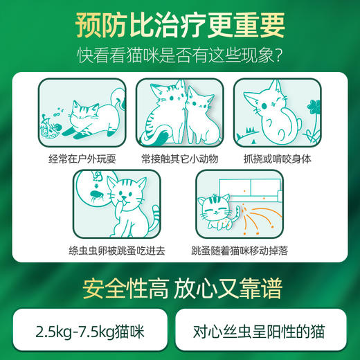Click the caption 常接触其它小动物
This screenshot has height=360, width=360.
click(179, 158)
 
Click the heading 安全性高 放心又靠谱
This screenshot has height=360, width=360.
click(179, 285)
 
